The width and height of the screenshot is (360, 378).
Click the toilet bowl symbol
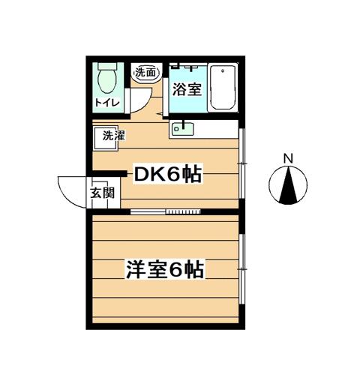point(107,81)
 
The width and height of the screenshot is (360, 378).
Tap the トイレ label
point(107,103)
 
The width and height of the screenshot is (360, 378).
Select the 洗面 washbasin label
point(145,73)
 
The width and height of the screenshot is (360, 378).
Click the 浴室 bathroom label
point(187,89)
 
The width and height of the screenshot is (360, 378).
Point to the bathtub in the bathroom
point(223,87)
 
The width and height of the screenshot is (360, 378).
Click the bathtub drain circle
point(223,70)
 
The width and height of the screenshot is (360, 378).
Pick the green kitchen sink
point(183,129)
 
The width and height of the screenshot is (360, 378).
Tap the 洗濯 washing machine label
point(114,136)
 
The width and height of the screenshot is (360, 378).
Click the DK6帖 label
point(168,174)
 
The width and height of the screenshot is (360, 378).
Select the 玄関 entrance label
point(103,193)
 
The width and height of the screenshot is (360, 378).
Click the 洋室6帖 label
point(165,269)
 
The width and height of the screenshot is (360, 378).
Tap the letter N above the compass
point(288,158)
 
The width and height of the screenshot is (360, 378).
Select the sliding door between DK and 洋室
point(166,211)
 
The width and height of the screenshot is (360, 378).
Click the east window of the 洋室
point(241,269)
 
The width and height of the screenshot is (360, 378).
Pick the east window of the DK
point(241,163)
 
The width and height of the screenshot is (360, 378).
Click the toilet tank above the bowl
point(107,66)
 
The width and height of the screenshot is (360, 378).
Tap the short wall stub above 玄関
point(109,173)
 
